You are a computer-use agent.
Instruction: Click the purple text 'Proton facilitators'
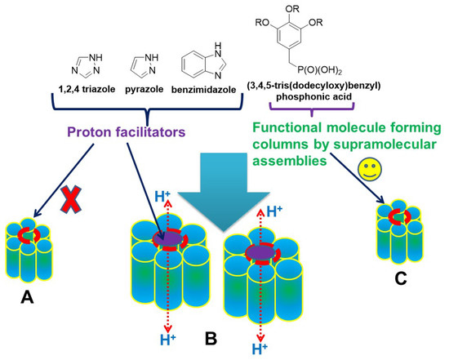129,131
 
